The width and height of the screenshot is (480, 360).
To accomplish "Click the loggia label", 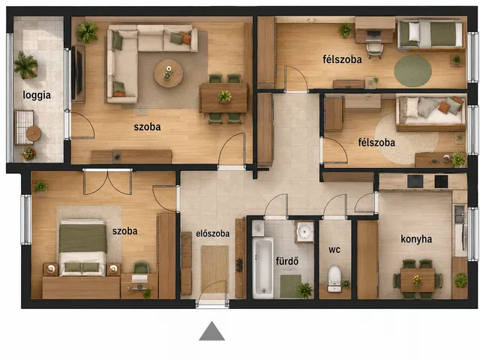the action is [37, 95].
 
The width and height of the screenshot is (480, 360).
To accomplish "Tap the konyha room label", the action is [416, 239].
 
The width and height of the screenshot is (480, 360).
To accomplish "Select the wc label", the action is [334, 250].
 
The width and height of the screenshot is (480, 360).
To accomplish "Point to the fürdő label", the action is [287, 261].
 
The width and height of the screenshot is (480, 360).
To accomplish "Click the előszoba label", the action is [212, 234].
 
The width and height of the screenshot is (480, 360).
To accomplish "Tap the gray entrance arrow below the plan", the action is [211, 331].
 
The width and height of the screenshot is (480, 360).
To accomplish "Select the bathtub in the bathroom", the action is [262, 267].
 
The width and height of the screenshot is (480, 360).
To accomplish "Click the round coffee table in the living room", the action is [168, 73].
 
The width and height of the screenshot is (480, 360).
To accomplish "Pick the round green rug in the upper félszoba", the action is [412, 71].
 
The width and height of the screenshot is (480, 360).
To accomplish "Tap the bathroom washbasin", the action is [304, 231].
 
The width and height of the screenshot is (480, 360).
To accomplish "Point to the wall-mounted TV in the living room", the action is [79, 73].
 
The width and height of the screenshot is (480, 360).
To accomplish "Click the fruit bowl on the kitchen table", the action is [417, 280].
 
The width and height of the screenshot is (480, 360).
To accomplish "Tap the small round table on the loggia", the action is [33, 133].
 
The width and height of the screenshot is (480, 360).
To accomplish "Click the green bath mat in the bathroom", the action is [290, 286].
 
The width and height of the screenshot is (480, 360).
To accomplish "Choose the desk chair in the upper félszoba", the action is [374, 50].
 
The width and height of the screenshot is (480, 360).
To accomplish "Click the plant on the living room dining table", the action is [225, 97].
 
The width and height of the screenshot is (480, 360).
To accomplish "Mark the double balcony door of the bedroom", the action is [108, 182].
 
